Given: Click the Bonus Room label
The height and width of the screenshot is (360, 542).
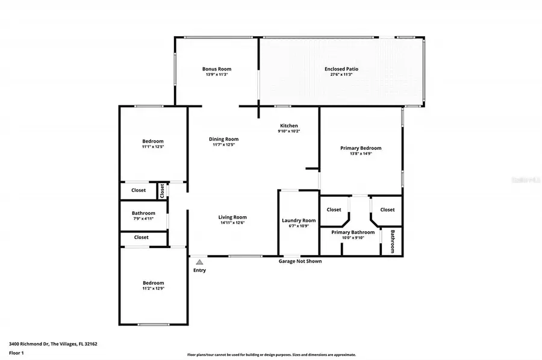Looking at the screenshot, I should (x=216, y=69).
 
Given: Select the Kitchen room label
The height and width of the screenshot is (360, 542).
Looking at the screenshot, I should (x=288, y=126).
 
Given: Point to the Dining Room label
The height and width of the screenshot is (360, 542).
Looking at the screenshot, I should (x=223, y=139).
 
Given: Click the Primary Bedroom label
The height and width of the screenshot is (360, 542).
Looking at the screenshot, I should (x=361, y=148).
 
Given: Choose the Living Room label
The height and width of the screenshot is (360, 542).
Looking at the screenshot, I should (x=232, y=217).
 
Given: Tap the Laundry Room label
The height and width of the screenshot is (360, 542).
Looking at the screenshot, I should (x=299, y=220).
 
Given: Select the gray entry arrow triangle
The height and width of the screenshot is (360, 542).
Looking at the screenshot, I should (x=199, y=262).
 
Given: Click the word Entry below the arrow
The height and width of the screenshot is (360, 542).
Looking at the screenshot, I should (x=199, y=270).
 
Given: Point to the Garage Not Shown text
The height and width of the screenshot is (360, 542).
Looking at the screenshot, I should (x=300, y=261).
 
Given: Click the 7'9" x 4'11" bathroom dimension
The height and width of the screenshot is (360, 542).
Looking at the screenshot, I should (x=143, y=219).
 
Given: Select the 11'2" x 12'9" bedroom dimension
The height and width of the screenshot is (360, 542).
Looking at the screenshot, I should (x=153, y=288).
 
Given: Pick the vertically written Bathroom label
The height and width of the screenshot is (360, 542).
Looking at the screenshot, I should (x=393, y=241).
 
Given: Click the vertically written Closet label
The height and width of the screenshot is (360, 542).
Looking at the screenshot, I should (x=162, y=190).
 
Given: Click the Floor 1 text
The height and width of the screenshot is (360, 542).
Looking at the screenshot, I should (x=16, y=353).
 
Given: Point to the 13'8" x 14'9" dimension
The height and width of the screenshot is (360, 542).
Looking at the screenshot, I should (x=361, y=154).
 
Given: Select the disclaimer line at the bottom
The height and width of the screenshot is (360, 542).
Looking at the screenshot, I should (x=271, y=355).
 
